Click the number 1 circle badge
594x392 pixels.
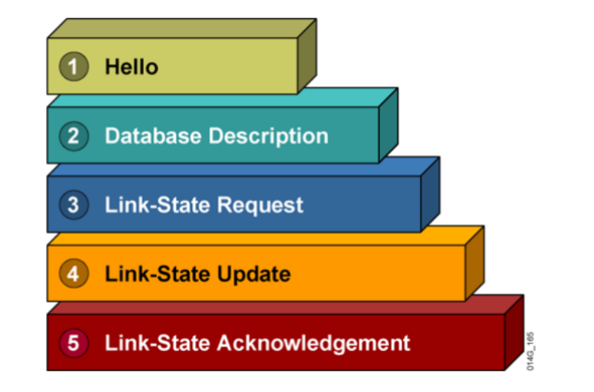[x=74, y=67]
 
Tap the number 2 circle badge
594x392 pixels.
[x=74, y=136]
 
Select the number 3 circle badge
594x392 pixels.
[x=74, y=205]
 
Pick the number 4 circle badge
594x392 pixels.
[x=74, y=274]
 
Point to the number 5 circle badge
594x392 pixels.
[x=74, y=343]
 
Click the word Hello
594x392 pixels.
[x=131, y=67]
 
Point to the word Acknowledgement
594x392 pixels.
[x=313, y=343]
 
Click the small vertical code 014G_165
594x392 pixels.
[x=530, y=351]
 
